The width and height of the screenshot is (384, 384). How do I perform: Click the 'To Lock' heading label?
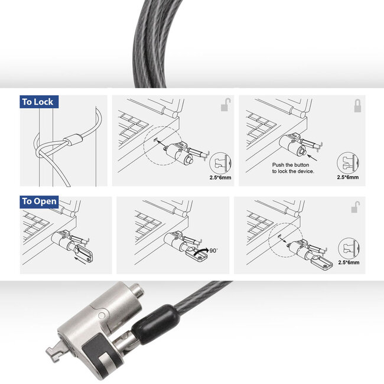tap(37, 102)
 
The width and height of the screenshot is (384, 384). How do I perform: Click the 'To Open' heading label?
tap(39, 201)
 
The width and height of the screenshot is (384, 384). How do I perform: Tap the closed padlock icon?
tap(357, 106)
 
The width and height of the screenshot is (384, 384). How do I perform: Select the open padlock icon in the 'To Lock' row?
tap(226, 106)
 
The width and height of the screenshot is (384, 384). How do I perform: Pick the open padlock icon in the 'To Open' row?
tap(356, 206)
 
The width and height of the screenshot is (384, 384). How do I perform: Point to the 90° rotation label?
tap(213, 250)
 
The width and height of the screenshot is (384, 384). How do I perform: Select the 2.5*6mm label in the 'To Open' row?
tap(349, 262)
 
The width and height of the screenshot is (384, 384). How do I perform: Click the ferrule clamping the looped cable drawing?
tap(72, 141)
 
